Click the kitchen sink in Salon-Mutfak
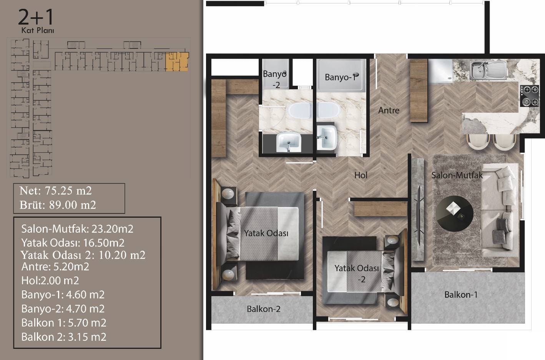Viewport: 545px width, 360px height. (x=488, y=70)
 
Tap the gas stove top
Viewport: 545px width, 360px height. (x=529, y=96)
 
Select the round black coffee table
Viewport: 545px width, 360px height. (x=455, y=214)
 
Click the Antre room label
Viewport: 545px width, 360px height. (x=389, y=110)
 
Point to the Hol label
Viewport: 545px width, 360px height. (x=361, y=175)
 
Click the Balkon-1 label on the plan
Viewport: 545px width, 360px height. (x=461, y=295)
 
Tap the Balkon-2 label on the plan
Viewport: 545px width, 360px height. (x=264, y=309)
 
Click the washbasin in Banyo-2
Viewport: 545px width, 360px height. (x=289, y=142)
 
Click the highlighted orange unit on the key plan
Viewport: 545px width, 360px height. (x=177, y=62)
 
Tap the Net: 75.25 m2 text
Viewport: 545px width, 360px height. (x=55, y=191)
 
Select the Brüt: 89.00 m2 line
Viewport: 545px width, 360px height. (x=58, y=205)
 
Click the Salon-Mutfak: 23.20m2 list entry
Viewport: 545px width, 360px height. (x=77, y=229)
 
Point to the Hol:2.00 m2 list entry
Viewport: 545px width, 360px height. (x=50, y=281)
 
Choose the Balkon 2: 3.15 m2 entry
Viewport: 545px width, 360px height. (x=64, y=337)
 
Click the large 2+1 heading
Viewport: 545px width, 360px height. (x=36, y=17)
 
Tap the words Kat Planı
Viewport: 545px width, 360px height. (x=38, y=30)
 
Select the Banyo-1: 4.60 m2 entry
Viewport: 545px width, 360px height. (x=63, y=295)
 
